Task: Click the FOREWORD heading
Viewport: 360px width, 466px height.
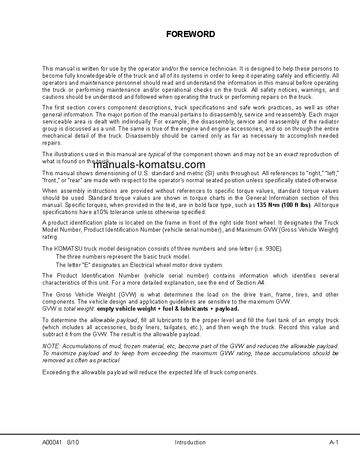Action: click(x=191, y=34)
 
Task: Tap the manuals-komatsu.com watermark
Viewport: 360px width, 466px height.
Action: click(x=149, y=165)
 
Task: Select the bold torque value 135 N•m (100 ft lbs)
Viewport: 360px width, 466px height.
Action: click(x=284, y=205)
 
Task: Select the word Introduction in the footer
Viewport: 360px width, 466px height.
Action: click(x=190, y=442)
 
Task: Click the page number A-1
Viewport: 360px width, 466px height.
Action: click(x=334, y=442)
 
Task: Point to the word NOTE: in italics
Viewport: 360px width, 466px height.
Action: click(x=50, y=346)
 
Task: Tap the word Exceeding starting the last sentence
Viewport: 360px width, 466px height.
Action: click(x=55, y=372)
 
